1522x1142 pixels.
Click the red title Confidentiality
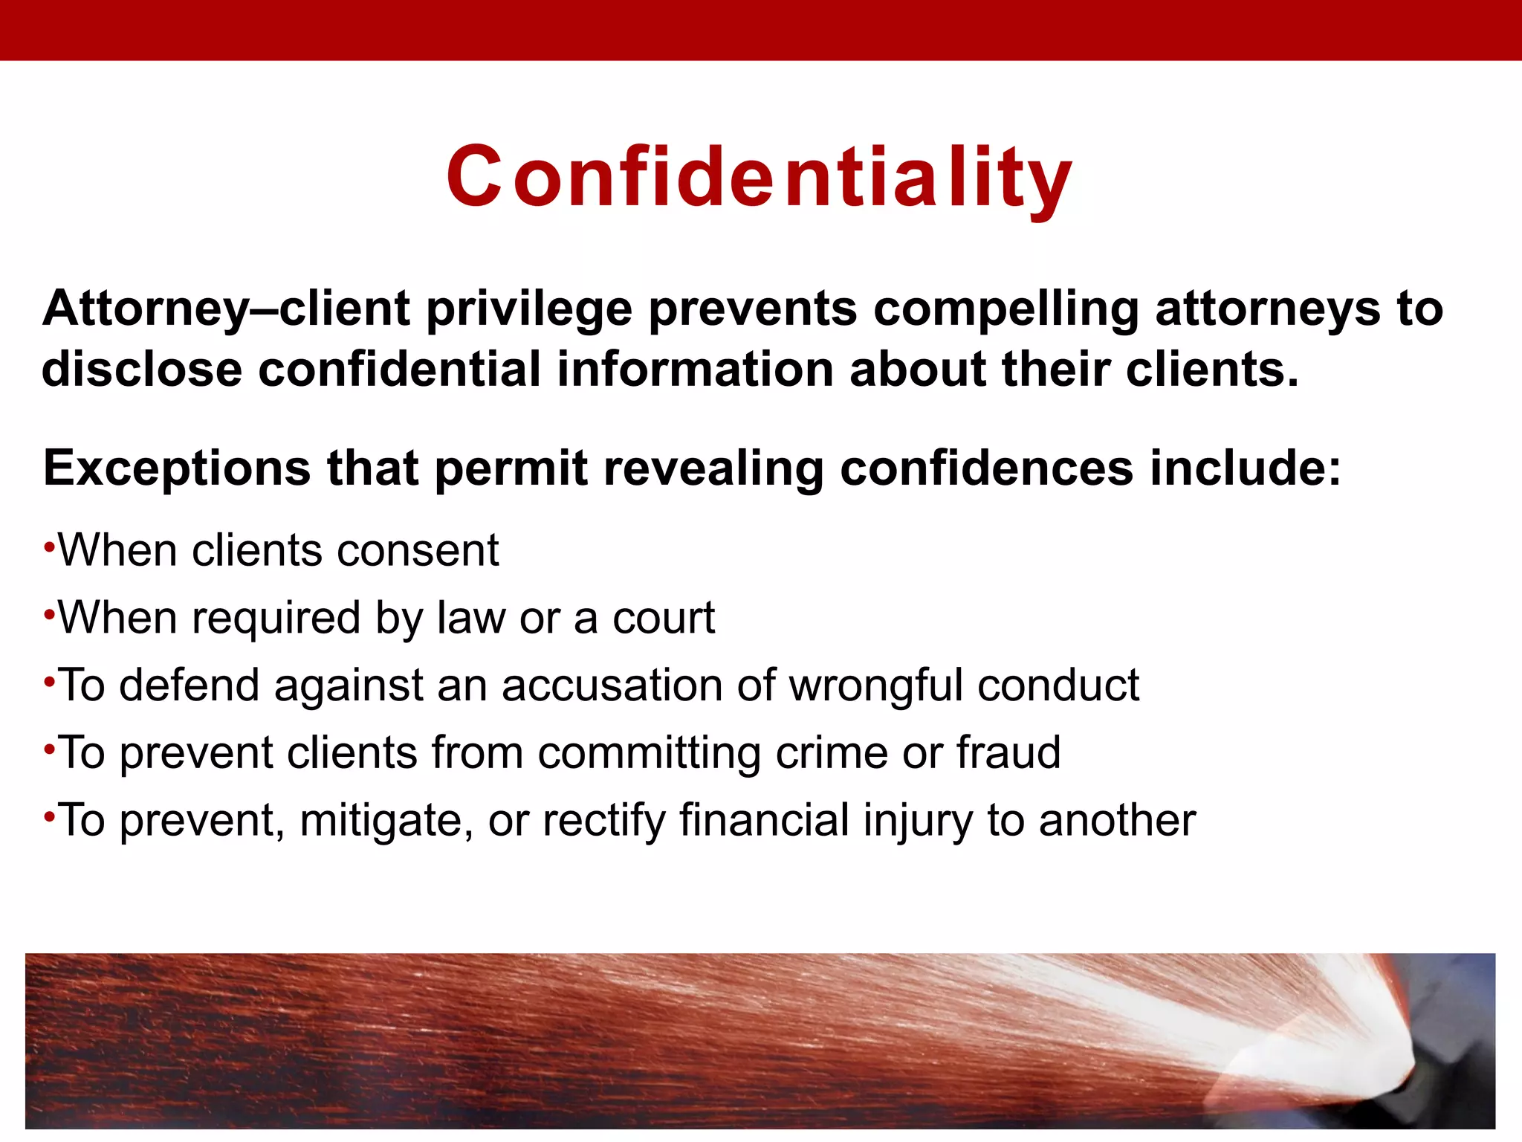tap(759, 177)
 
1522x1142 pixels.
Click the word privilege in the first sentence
tap(528, 309)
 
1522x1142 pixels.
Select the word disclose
tap(142, 370)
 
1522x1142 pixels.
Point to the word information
tap(695, 370)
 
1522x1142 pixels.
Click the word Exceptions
tap(177, 468)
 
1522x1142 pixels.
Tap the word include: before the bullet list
tap(1246, 468)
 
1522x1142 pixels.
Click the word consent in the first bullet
tap(418, 551)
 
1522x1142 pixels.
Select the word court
tap(663, 619)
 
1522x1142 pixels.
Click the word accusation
tap(612, 685)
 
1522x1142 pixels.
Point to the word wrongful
tap(875, 685)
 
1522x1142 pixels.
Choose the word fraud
tap(1008, 753)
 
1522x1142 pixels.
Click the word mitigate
tap(386, 821)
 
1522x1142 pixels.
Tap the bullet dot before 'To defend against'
tap(49, 682)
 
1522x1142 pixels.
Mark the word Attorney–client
tap(226, 309)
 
